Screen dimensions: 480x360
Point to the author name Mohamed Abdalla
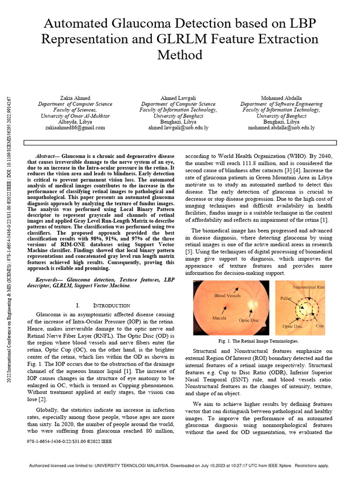click(281, 97)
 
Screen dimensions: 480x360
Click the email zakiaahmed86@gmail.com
click(75, 127)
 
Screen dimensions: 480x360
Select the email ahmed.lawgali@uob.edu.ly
click(178, 127)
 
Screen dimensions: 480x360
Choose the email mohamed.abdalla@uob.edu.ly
click(281, 127)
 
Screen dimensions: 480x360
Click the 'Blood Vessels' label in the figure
click(227, 296)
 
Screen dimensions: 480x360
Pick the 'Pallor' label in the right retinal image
click(286, 298)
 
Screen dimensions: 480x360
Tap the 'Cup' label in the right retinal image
click(319, 325)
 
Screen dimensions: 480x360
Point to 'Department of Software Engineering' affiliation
click(281, 104)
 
